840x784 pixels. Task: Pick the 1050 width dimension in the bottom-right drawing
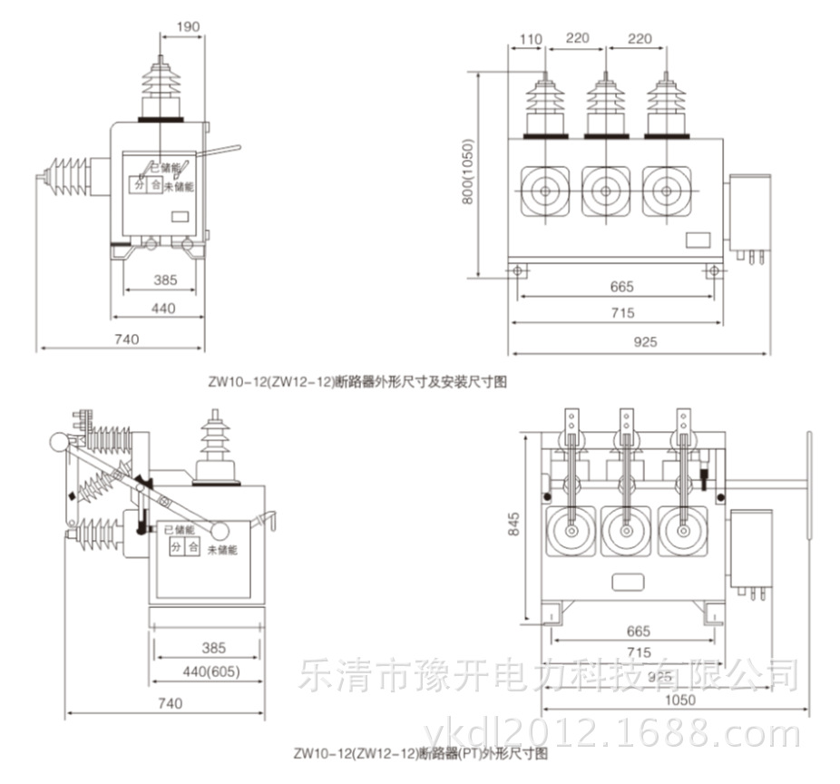(x=679, y=700)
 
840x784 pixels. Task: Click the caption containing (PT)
(x=421, y=752)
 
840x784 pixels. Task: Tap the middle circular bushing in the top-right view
(x=603, y=192)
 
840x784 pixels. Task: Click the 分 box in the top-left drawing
(x=140, y=185)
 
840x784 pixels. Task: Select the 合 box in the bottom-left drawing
(x=192, y=546)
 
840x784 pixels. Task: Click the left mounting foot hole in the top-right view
(x=518, y=270)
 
